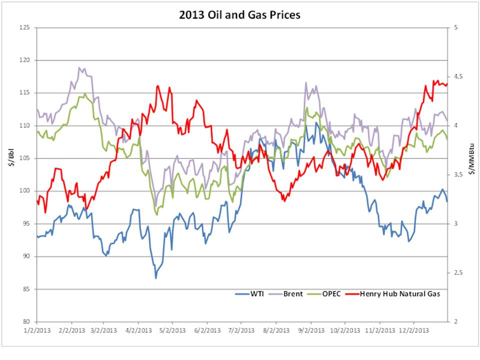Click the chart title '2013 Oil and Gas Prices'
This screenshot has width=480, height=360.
click(x=240, y=15)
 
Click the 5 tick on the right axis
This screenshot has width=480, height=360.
click(x=455, y=27)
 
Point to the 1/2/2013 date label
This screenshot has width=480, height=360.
click(x=37, y=330)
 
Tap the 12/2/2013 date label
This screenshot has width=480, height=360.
click(x=414, y=330)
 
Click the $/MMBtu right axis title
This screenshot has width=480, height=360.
click(x=472, y=174)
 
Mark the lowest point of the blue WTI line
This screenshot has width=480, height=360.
click(x=155, y=278)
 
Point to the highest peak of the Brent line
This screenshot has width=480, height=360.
click(x=79, y=67)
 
